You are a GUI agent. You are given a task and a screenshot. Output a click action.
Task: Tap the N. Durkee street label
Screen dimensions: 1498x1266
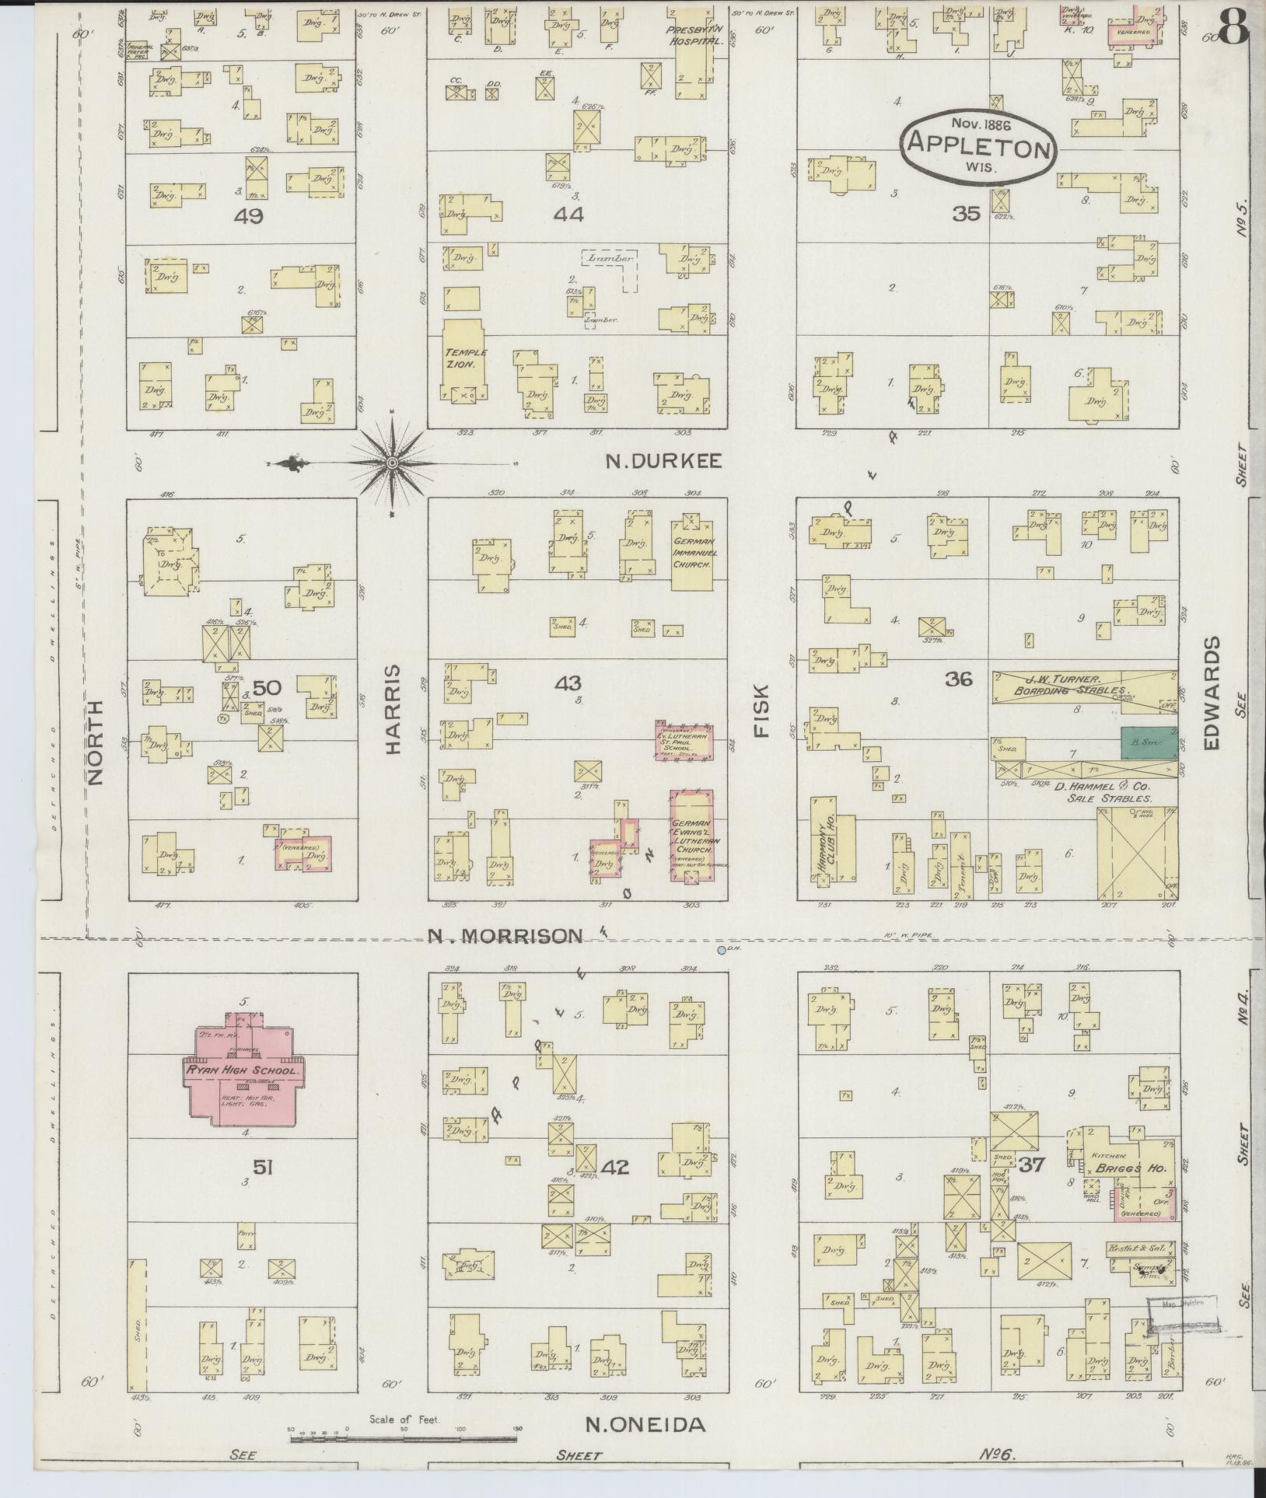tap(664, 462)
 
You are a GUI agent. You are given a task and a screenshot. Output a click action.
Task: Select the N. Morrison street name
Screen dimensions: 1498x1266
tap(505, 936)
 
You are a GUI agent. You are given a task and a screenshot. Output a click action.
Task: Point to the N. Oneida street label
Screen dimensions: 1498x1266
tap(645, 1424)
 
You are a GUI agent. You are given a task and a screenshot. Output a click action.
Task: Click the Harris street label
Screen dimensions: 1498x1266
tap(392, 708)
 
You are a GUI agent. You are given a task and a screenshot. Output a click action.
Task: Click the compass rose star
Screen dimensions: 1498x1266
tap(393, 463)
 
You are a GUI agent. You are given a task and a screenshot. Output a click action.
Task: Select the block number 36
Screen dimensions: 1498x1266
tap(959, 679)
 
